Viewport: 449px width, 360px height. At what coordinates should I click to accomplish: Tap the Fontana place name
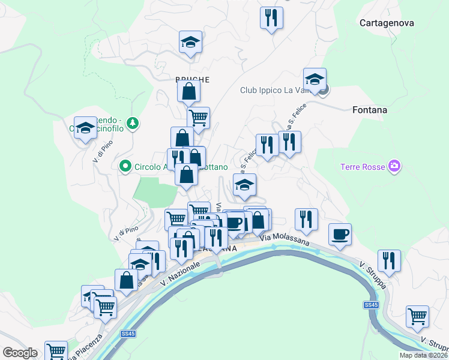click(370, 110)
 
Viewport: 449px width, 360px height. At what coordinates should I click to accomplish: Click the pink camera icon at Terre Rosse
click(394, 166)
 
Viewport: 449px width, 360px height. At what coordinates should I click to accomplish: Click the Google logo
click(20, 352)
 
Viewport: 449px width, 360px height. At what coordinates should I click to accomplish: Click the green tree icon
click(133, 124)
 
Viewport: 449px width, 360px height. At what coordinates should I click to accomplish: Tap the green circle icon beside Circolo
click(125, 166)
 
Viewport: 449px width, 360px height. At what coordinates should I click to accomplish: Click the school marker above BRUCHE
click(191, 43)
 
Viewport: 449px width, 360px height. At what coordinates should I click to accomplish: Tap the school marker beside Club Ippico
click(315, 79)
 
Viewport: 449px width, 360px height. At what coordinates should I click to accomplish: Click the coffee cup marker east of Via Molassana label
click(340, 234)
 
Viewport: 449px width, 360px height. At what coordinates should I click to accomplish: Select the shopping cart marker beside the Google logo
click(56, 350)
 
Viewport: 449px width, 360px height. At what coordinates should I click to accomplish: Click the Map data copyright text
click(424, 355)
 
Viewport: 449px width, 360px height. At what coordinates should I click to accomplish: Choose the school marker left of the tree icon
click(86, 128)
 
